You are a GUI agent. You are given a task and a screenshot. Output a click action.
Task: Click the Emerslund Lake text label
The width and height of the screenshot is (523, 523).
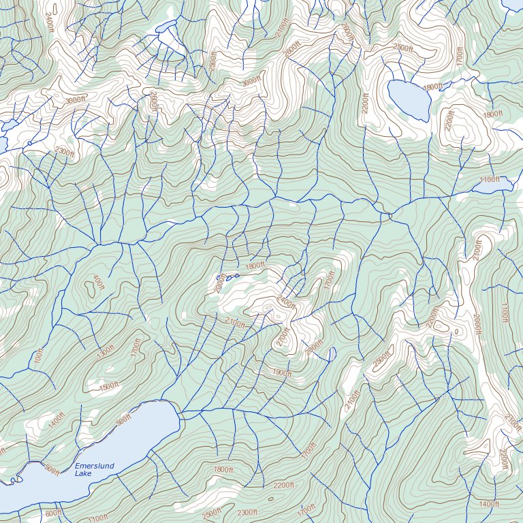pos(95,469)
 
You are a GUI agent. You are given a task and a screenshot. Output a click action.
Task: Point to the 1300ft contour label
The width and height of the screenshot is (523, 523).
pos(106,353)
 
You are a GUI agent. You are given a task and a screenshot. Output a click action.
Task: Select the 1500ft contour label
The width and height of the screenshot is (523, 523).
pos(108,386)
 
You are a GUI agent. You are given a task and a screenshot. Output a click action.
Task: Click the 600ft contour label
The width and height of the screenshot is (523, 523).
pos(53,513)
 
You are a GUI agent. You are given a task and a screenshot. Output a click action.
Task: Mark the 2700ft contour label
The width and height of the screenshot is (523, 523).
pos(283,337)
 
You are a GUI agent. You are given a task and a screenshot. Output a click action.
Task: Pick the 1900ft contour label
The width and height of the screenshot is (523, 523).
pos(282,373)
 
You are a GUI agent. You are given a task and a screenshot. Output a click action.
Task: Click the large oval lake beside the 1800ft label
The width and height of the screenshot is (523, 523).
pos(409,99)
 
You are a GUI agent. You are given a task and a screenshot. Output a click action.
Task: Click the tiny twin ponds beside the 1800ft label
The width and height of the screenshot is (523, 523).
pos(227,277)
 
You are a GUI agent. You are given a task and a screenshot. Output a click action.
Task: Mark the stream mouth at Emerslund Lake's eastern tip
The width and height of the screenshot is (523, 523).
pos(180,413)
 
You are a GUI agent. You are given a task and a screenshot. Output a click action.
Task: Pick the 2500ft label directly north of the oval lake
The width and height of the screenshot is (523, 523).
pos(403,48)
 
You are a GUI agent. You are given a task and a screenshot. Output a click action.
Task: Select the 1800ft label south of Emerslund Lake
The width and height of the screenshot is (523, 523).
pos(223,470)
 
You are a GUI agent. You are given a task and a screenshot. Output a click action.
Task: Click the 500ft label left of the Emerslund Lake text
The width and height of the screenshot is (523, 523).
pos(52,469)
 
